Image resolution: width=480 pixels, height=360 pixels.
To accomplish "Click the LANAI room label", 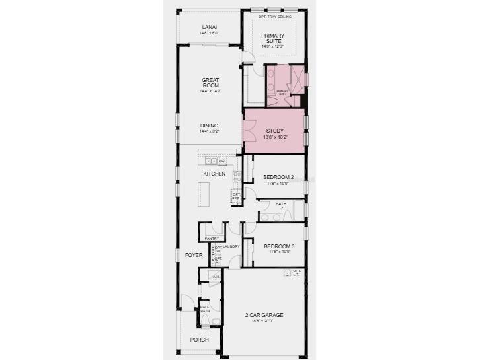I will click(x=210, y=28).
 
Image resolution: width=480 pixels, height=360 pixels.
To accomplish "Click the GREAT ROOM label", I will click(x=210, y=83).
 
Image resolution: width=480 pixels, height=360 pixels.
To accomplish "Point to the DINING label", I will click(x=209, y=126).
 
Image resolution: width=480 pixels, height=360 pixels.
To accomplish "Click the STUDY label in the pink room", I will click(x=274, y=131).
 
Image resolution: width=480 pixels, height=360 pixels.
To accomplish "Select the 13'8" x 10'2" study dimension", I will click(x=274, y=137).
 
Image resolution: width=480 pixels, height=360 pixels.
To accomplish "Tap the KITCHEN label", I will click(x=214, y=174).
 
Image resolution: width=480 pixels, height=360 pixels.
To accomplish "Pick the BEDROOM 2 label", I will click(x=278, y=177).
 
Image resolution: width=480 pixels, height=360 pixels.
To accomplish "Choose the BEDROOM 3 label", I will click(x=278, y=246).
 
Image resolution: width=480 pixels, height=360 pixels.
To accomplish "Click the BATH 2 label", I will click(x=281, y=206).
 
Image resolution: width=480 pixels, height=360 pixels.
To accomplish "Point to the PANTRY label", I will click(x=212, y=238).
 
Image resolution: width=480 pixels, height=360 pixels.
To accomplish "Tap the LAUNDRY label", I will click(x=231, y=246).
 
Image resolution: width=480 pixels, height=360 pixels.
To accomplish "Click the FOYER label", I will click(x=193, y=254).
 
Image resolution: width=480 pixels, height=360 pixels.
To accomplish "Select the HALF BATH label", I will click(x=204, y=309).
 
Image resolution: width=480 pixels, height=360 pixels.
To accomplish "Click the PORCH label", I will click(x=199, y=340).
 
